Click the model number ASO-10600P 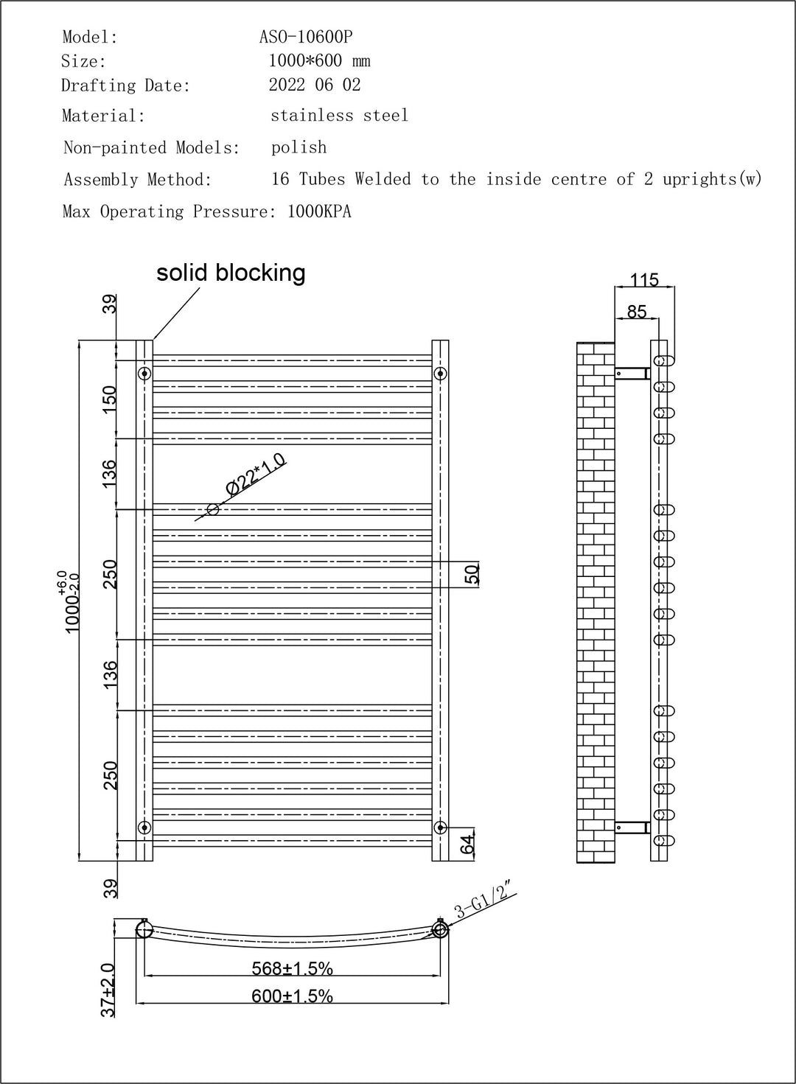click(x=306, y=37)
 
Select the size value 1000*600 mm click(x=319, y=61)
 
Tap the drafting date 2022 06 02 click(x=315, y=85)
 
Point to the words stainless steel click(x=339, y=116)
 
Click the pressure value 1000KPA click(x=319, y=212)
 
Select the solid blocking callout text click(x=231, y=273)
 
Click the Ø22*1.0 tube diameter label click(x=255, y=475)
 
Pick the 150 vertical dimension click(x=110, y=399)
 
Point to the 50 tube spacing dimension click(x=472, y=573)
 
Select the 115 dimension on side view click(x=644, y=280)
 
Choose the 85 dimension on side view click(x=636, y=312)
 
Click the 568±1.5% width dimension click(x=293, y=968)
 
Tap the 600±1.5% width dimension click(x=293, y=996)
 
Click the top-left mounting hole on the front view click(x=144, y=373)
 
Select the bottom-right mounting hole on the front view click(x=440, y=827)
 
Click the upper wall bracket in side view click(x=632, y=374)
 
